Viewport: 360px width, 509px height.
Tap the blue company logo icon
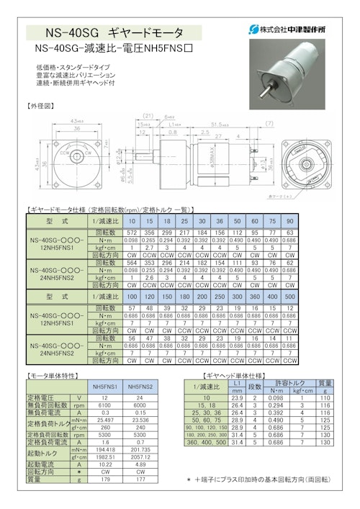point(253,30)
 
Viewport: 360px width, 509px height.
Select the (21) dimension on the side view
point(148,115)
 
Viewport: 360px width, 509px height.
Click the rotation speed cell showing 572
point(131,234)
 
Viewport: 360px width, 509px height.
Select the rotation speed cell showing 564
point(131,263)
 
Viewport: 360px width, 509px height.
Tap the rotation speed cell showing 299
point(165,234)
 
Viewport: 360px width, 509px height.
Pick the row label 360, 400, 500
point(205,441)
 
